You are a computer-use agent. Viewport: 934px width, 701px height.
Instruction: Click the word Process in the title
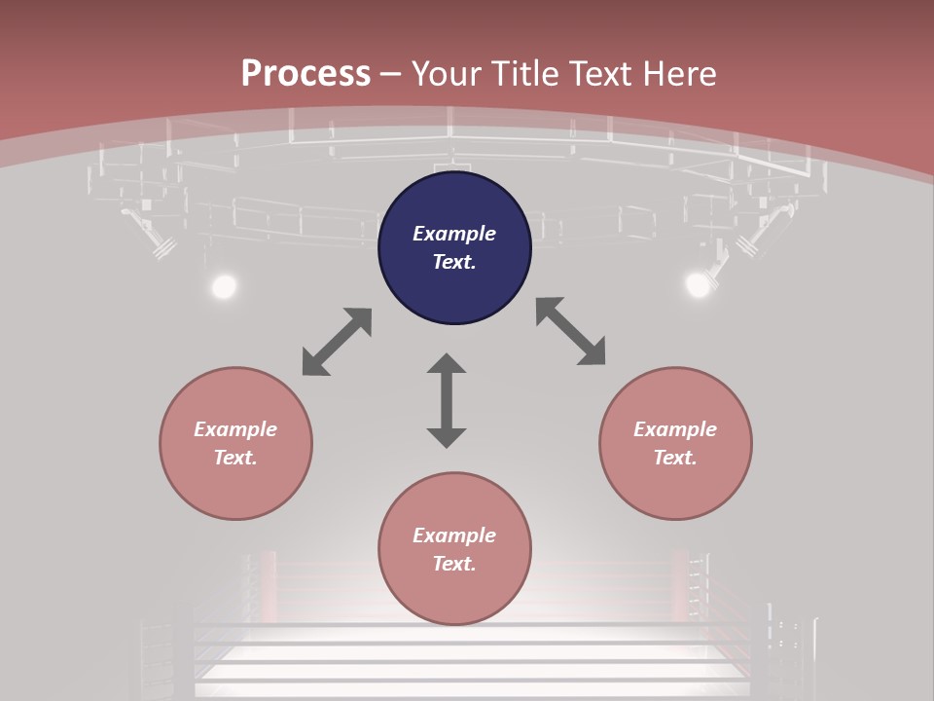tap(305, 74)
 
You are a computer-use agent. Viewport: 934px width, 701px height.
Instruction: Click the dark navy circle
tap(454, 248)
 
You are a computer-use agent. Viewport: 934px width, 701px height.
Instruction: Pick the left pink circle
tap(235, 443)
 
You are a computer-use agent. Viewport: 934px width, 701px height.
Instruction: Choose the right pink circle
tap(675, 443)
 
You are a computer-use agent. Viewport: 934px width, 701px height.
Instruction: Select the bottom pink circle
tap(454, 549)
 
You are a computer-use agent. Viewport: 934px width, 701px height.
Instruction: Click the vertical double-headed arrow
tap(447, 401)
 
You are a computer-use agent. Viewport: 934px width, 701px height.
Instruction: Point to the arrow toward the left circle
tap(337, 342)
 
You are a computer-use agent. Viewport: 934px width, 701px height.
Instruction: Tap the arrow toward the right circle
tap(571, 331)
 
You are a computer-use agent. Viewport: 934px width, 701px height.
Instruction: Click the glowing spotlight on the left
tap(224, 286)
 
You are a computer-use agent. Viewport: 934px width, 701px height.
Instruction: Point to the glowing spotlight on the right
tap(698, 284)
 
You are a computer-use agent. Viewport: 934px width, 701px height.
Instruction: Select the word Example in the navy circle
tap(454, 234)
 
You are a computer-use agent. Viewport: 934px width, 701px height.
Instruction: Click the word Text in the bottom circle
tap(452, 564)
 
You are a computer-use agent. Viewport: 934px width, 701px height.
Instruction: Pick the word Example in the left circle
tap(235, 429)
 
